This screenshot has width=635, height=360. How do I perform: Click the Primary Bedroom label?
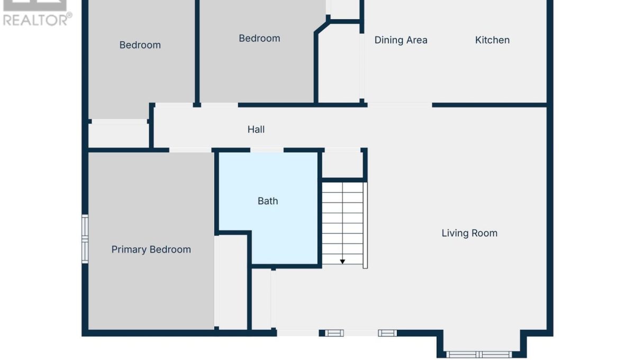(151, 250)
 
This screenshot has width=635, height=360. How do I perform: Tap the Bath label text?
(268, 201)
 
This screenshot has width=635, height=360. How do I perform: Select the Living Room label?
(469, 233)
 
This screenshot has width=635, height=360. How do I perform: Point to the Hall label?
(256, 130)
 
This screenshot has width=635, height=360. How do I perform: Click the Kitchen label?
(493, 40)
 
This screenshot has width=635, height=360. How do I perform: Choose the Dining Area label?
(401, 40)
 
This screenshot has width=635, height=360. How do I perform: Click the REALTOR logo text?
(37, 20)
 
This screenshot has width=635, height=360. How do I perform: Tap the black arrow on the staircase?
(342, 262)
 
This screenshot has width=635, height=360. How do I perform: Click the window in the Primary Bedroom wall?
(85, 239)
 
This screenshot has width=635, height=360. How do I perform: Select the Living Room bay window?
(479, 354)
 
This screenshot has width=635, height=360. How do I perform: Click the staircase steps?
(342, 223)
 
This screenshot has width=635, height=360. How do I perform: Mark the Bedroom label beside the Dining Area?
(259, 38)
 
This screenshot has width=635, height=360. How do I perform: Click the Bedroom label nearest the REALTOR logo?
(140, 45)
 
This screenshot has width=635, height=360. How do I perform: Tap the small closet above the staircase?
(342, 165)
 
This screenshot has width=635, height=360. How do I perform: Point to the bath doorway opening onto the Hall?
(267, 150)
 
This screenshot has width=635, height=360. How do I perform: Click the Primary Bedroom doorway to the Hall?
(190, 150)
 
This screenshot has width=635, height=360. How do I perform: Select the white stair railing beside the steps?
(366, 225)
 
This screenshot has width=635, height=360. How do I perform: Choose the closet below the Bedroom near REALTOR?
(119, 136)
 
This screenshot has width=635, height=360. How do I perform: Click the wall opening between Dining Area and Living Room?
(400, 105)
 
